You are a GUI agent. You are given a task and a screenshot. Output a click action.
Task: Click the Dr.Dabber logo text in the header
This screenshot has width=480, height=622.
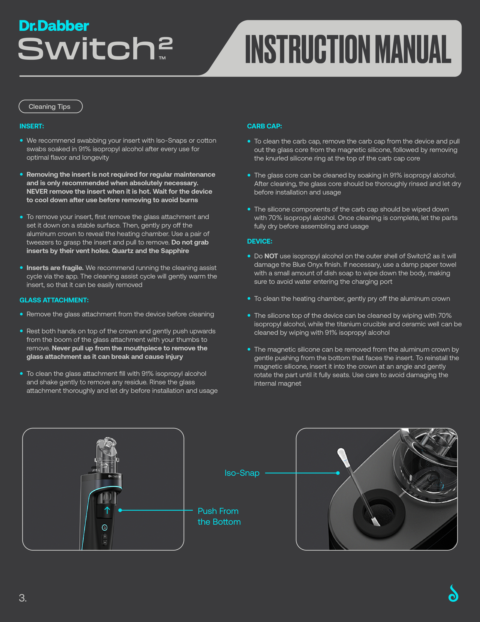pos(54,26)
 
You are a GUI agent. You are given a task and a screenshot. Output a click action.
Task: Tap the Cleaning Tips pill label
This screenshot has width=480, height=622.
pos(49,106)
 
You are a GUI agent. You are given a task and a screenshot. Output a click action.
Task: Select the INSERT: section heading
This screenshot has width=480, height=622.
pos(32,126)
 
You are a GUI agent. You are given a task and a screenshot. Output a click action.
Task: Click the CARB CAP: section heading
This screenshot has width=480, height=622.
pos(264,126)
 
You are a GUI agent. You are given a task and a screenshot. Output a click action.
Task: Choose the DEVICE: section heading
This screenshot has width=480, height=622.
pos(259,241)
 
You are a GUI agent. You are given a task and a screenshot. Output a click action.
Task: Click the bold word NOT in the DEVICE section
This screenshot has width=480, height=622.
pos(271,256)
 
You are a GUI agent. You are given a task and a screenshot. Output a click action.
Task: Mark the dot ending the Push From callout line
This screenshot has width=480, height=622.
pos(120,510)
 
